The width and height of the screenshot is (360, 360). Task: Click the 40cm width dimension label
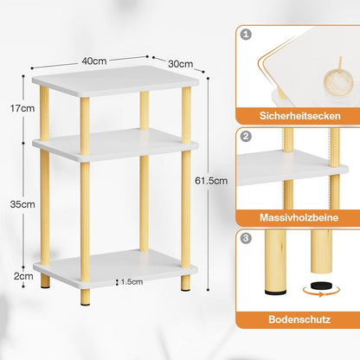pos(94,61)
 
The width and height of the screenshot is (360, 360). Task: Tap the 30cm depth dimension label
pos(181,64)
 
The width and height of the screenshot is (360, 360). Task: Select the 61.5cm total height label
pos(211,181)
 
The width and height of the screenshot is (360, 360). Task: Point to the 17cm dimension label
pos(22,108)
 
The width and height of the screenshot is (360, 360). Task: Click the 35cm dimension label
pos(22,204)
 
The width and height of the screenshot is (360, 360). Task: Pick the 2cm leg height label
pos(23,276)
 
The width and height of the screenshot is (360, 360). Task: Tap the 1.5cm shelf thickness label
pos(132,281)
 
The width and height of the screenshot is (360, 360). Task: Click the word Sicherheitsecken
pos(300,116)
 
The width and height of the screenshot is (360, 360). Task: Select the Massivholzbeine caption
pos(299,217)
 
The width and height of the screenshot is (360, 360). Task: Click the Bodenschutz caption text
pos(299,319)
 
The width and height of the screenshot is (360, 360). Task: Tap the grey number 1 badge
pos(246,35)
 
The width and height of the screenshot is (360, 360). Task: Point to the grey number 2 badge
pos(246,136)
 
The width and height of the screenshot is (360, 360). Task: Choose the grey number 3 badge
pos(246,238)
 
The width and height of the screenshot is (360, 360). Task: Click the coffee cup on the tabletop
pos(338,81)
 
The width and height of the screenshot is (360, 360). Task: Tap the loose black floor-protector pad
pos(321,286)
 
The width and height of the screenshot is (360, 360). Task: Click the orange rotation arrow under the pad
pos(321,292)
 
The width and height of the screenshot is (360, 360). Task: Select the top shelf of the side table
pos(115,81)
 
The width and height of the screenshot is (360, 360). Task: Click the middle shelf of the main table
pos(115,145)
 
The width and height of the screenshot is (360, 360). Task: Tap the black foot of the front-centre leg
pos(85,303)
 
